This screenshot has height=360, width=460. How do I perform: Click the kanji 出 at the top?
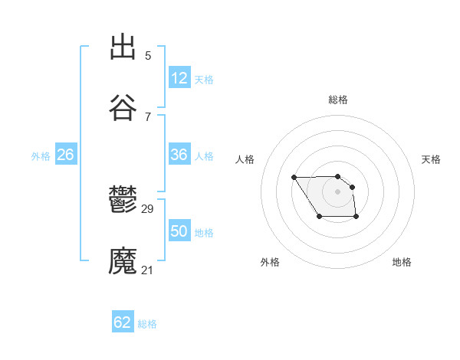pyautogui.click(x=123, y=47)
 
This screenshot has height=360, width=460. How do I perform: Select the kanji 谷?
pyautogui.click(x=123, y=108)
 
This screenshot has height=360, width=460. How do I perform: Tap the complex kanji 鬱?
pyautogui.click(x=123, y=200)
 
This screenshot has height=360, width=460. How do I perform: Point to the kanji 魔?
pyautogui.click(x=123, y=261)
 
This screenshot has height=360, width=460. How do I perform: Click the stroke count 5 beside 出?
pyautogui.click(x=148, y=55)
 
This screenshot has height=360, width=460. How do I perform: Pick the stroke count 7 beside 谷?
pyautogui.click(x=148, y=116)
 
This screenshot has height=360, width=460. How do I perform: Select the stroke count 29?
pyautogui.click(x=148, y=208)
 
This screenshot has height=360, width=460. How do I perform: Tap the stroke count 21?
pyautogui.click(x=148, y=270)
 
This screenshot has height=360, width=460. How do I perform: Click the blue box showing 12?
pyautogui.click(x=179, y=78)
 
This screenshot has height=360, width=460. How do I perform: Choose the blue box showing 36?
pyautogui.click(x=179, y=155)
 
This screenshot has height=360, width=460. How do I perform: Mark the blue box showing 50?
pyautogui.click(x=179, y=231)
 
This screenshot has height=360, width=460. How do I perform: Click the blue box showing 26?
pyautogui.click(x=65, y=155)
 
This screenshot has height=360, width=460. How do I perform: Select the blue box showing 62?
pyautogui.click(x=123, y=322)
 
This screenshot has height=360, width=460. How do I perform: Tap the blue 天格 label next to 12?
pyautogui.click(x=204, y=80)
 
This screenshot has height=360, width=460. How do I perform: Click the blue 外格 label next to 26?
pyautogui.click(x=41, y=156)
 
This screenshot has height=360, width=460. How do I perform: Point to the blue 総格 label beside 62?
pyautogui.click(x=147, y=324)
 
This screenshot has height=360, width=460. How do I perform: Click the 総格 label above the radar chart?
pyautogui.click(x=338, y=100)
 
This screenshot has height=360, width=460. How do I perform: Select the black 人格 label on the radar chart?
pyautogui.click(x=245, y=159)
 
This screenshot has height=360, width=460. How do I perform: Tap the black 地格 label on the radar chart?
pyautogui.click(x=402, y=262)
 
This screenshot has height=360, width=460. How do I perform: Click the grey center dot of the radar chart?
pyautogui.click(x=337, y=191)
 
